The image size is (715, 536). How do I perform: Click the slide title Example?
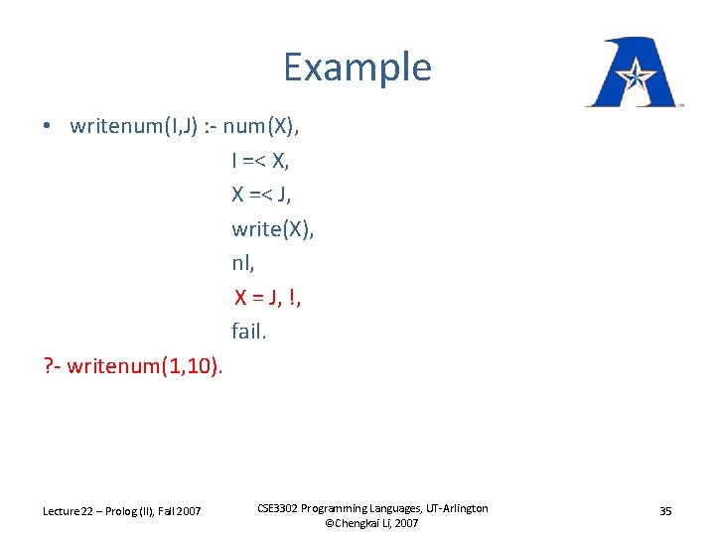pos(357,67)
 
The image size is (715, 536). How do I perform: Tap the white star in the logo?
pos(632,73)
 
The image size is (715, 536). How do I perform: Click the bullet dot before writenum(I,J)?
pos(48,127)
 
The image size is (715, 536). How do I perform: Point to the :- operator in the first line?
pos(209,126)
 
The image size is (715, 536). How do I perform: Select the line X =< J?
pos(262,195)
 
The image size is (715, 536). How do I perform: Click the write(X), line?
pos(273,229)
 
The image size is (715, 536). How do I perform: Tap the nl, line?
pos(242,263)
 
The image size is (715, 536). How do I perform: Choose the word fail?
pos(249,332)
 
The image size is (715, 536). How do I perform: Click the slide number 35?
pos(665,511)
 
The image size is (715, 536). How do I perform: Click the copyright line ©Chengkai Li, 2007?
pos(372,523)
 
